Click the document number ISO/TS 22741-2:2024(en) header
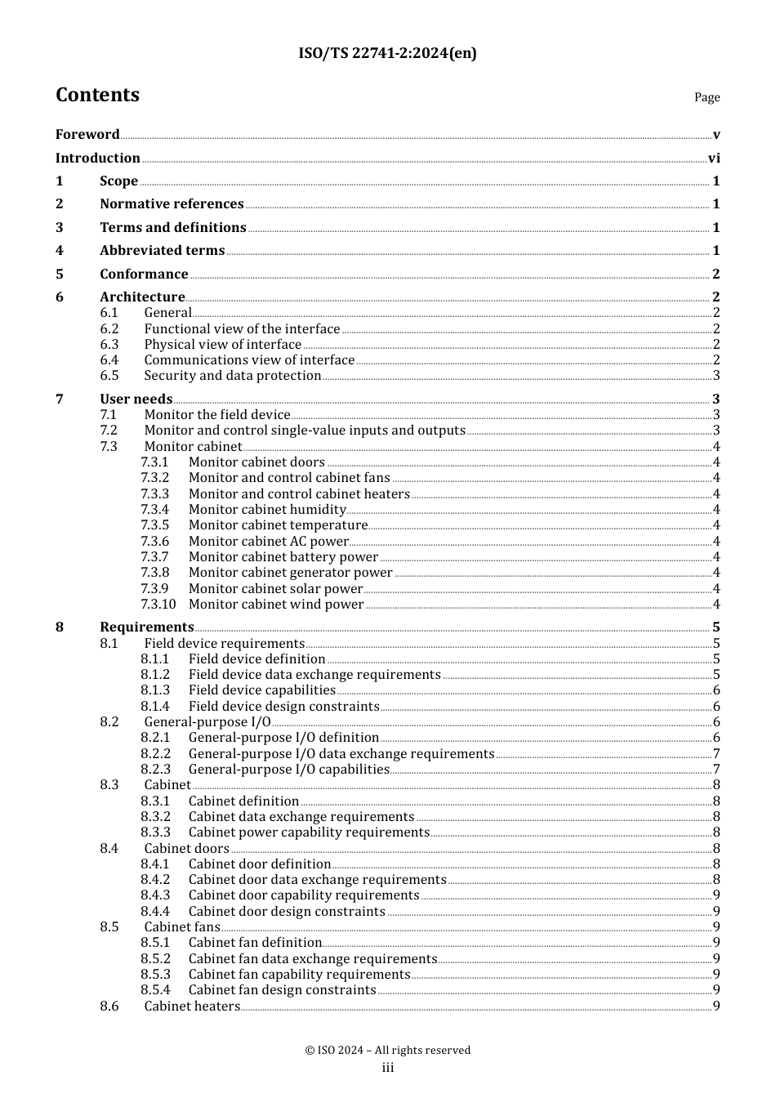(387, 53)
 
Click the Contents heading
(97, 95)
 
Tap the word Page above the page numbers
(707, 97)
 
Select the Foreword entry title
(87, 135)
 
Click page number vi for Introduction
(714, 158)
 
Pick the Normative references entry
(172, 204)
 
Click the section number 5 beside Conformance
(60, 274)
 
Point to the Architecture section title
(142, 297)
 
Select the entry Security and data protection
(233, 376)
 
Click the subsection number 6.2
(109, 329)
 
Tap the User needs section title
(136, 399)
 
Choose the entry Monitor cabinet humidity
(267, 510)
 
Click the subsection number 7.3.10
(158, 605)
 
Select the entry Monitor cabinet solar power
(275, 589)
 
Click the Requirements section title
(147, 627)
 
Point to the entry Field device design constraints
(283, 707)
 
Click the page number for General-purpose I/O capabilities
(716, 770)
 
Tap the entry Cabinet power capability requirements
(309, 832)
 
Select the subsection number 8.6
(109, 1006)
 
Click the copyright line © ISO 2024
(387, 1051)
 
